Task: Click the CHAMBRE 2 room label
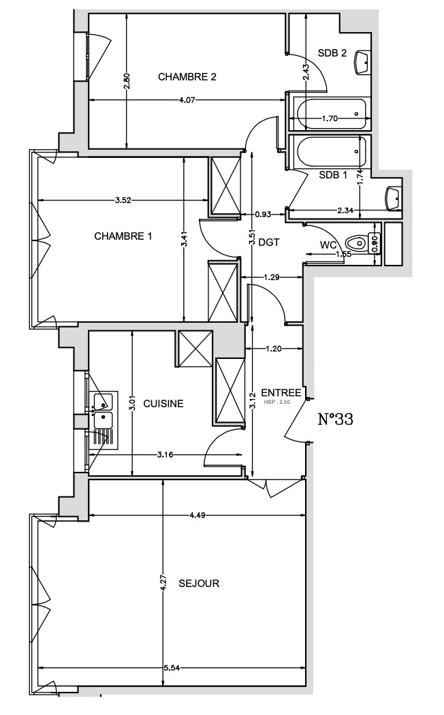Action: pos(187,76)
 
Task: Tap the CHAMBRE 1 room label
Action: pos(123,236)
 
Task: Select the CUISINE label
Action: pos(163,404)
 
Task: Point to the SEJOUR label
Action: pos(199,583)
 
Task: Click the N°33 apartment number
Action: pos(335,419)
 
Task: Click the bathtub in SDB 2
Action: pos(330,114)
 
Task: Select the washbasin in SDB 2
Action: pos(362,61)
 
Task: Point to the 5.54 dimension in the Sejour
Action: pos(171,669)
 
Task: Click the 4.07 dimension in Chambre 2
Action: pos(187,100)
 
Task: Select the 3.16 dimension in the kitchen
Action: pos(165,454)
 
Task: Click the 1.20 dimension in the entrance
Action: pos(274,349)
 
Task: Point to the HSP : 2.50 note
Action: pos(276,402)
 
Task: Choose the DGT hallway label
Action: pos(268,243)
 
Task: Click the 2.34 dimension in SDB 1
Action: pos(345,210)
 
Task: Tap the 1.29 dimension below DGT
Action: pos(272,276)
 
